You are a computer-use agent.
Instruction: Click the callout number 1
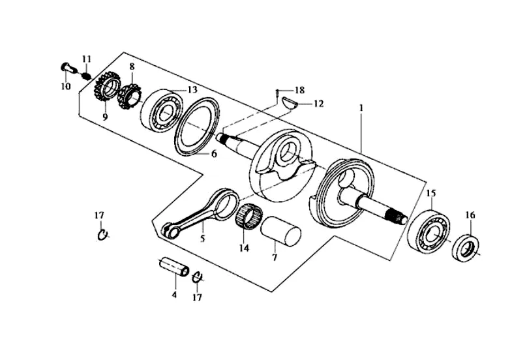coord(361,108)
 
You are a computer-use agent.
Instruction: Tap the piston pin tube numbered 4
coord(173,267)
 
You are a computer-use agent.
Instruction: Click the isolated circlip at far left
coord(102,235)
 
